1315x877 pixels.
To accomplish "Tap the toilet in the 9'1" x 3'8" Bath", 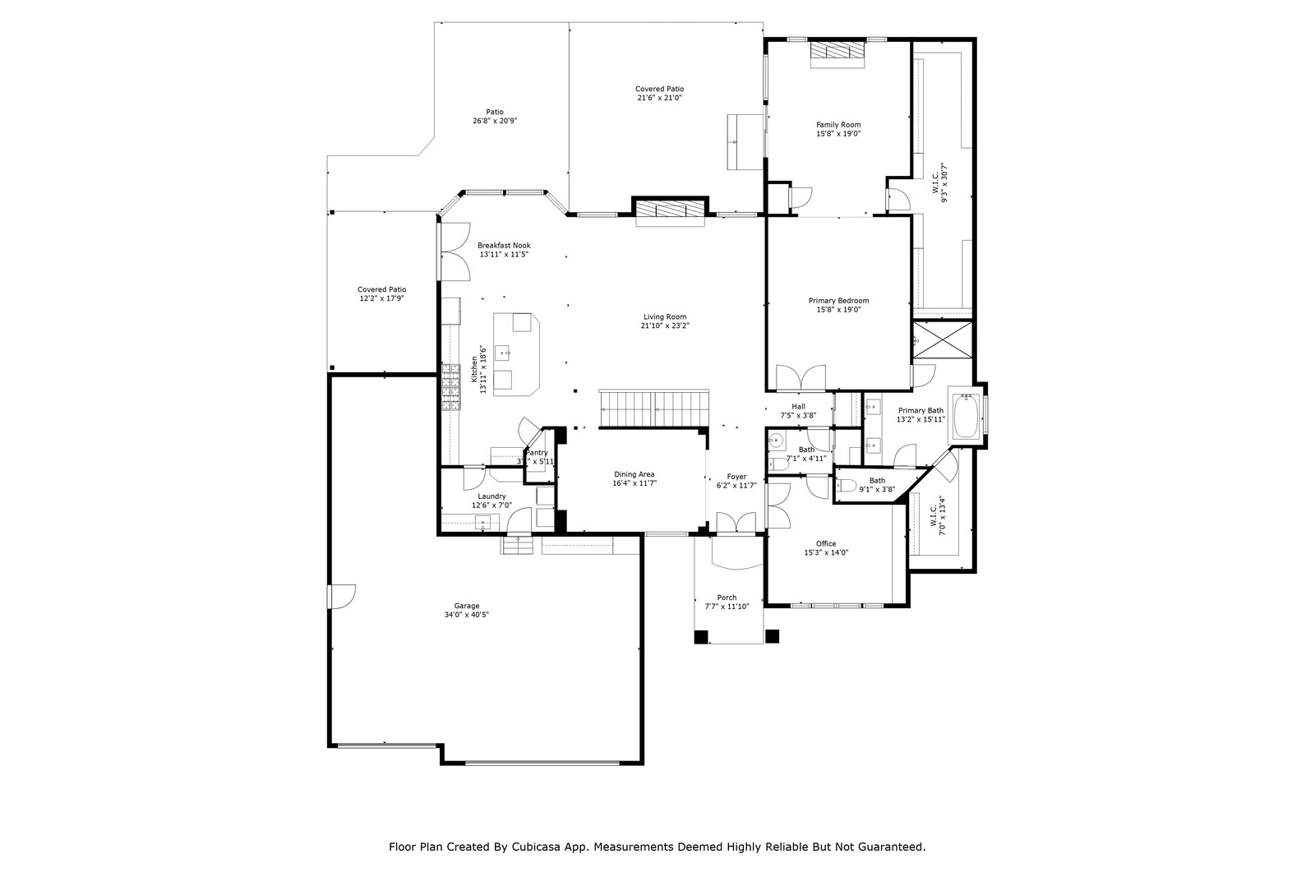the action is coord(849,484).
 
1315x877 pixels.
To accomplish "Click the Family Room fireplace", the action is coord(837,52).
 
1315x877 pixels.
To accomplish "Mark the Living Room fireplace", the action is coord(671,210).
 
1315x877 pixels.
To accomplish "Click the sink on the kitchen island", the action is coord(507,353).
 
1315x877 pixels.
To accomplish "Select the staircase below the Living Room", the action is coord(654,408).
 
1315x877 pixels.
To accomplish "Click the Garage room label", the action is coord(466,606).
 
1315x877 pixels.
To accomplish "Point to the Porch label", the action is coord(727,598).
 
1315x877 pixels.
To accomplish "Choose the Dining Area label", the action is coord(634,474).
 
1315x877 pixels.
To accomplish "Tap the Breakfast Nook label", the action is coord(504,246).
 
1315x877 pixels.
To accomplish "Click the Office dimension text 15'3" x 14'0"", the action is coord(826,552).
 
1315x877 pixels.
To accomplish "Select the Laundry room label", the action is coord(491,496).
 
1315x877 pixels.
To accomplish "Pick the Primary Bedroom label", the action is coord(842,301).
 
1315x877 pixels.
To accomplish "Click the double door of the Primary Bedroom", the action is coord(801,377).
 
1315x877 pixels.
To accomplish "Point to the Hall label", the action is coord(798,406).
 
